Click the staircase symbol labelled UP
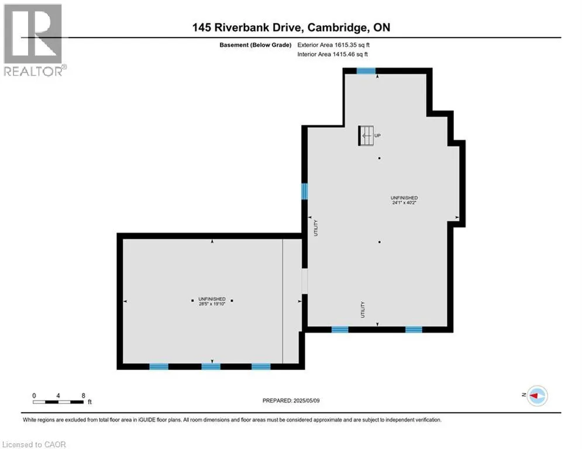[366, 136]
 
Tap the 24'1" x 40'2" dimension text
[404, 203]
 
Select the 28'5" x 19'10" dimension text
[212, 304]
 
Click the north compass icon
[537, 396]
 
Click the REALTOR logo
[34, 40]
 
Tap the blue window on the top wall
[366, 71]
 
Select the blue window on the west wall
[304, 192]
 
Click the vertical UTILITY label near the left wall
[316, 228]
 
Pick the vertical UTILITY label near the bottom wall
[363, 309]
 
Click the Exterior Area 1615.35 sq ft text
[333, 45]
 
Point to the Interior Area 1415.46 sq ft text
[333, 54]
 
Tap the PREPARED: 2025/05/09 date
[291, 400]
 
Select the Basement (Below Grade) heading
[256, 45]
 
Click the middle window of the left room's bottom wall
[211, 367]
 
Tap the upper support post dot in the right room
[380, 158]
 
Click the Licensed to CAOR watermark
[34, 444]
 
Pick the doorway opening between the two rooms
[304, 281]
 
